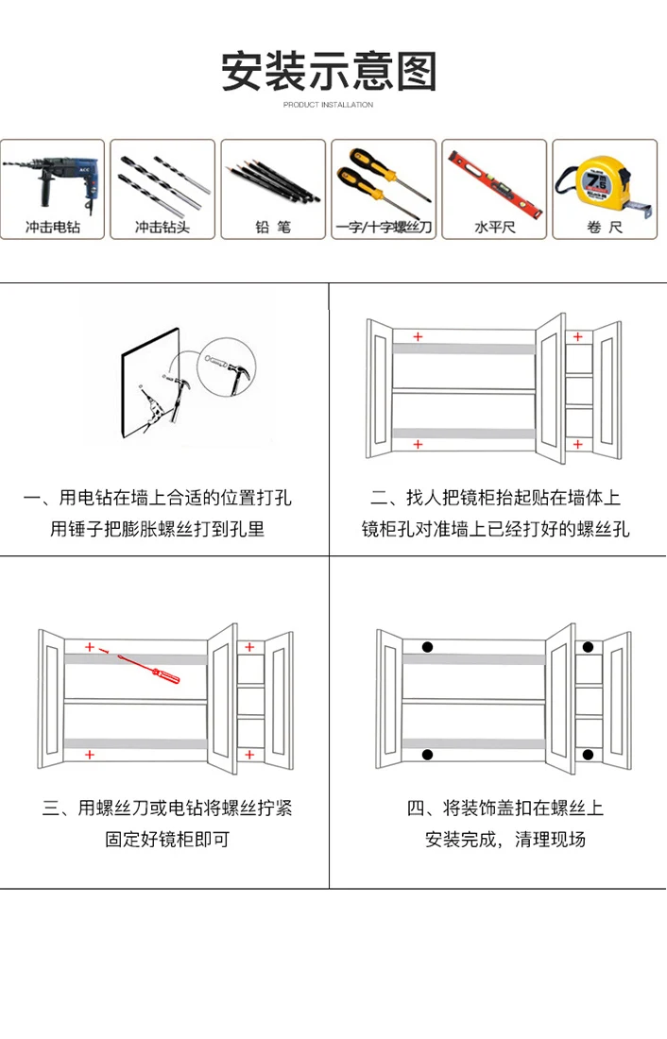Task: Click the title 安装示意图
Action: click(x=329, y=72)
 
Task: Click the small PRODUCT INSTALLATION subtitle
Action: click(x=328, y=105)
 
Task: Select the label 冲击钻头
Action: click(x=162, y=228)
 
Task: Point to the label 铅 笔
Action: click(x=273, y=228)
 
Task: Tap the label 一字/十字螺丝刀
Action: click(x=384, y=228)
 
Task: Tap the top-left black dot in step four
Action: click(x=427, y=647)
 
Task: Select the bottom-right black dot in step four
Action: click(x=588, y=754)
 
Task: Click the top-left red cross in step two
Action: click(x=418, y=336)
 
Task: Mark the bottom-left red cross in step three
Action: click(x=90, y=755)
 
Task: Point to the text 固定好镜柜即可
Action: click(x=167, y=839)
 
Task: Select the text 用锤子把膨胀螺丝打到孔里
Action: click(x=158, y=529)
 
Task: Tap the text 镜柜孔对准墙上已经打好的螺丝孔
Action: click(x=496, y=529)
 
